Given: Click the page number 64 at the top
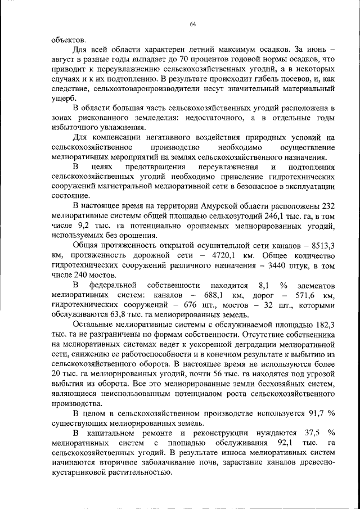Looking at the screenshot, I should [x=191, y=24].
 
